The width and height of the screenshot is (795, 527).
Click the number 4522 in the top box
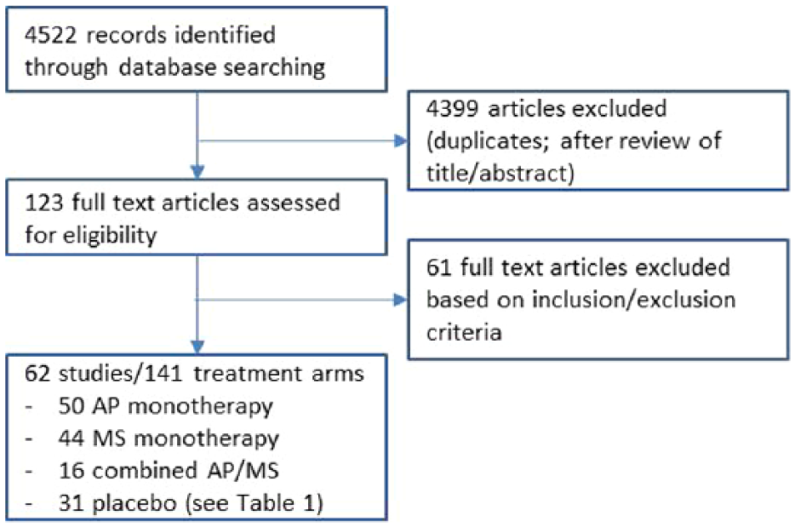(x=50, y=35)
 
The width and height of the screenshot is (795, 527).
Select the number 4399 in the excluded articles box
(x=452, y=109)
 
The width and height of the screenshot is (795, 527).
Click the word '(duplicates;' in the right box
(x=489, y=141)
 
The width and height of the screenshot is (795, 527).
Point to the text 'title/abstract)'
(x=500, y=174)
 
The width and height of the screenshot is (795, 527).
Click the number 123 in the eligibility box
(x=43, y=203)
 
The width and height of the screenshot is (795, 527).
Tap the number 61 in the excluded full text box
(x=439, y=267)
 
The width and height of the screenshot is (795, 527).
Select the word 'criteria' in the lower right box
(x=464, y=332)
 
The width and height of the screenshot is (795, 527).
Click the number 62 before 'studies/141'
(x=37, y=374)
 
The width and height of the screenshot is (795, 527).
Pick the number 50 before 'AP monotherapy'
(x=71, y=406)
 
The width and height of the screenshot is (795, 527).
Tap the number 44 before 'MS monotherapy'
(x=71, y=438)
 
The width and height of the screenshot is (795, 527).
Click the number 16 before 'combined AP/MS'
(x=71, y=471)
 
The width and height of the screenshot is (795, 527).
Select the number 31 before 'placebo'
(x=71, y=504)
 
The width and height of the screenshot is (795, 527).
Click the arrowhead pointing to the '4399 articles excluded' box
(x=401, y=141)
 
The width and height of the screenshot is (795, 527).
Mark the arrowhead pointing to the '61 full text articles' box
(x=401, y=300)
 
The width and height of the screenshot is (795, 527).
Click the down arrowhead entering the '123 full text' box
(x=197, y=172)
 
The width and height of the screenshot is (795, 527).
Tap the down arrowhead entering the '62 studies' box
(x=197, y=347)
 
